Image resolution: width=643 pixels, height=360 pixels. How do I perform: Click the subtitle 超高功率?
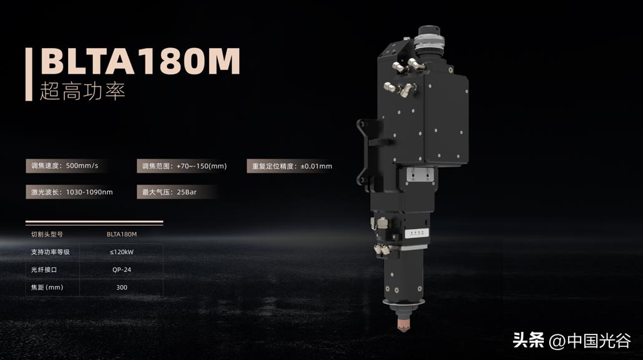point(82,91)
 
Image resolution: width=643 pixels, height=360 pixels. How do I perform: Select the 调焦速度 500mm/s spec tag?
point(65,166)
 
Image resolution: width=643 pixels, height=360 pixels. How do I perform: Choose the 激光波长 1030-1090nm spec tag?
point(72,192)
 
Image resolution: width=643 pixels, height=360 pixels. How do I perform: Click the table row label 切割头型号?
point(47,235)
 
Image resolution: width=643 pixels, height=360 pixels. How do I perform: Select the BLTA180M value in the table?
point(122,235)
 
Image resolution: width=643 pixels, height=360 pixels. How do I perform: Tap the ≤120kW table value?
point(122,252)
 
